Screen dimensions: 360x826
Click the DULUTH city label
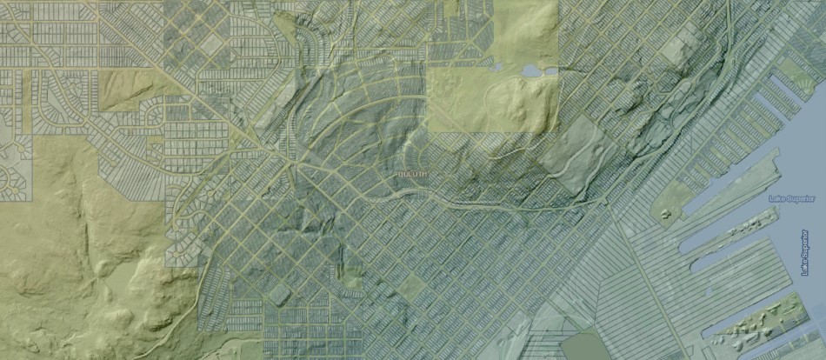(412, 174)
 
